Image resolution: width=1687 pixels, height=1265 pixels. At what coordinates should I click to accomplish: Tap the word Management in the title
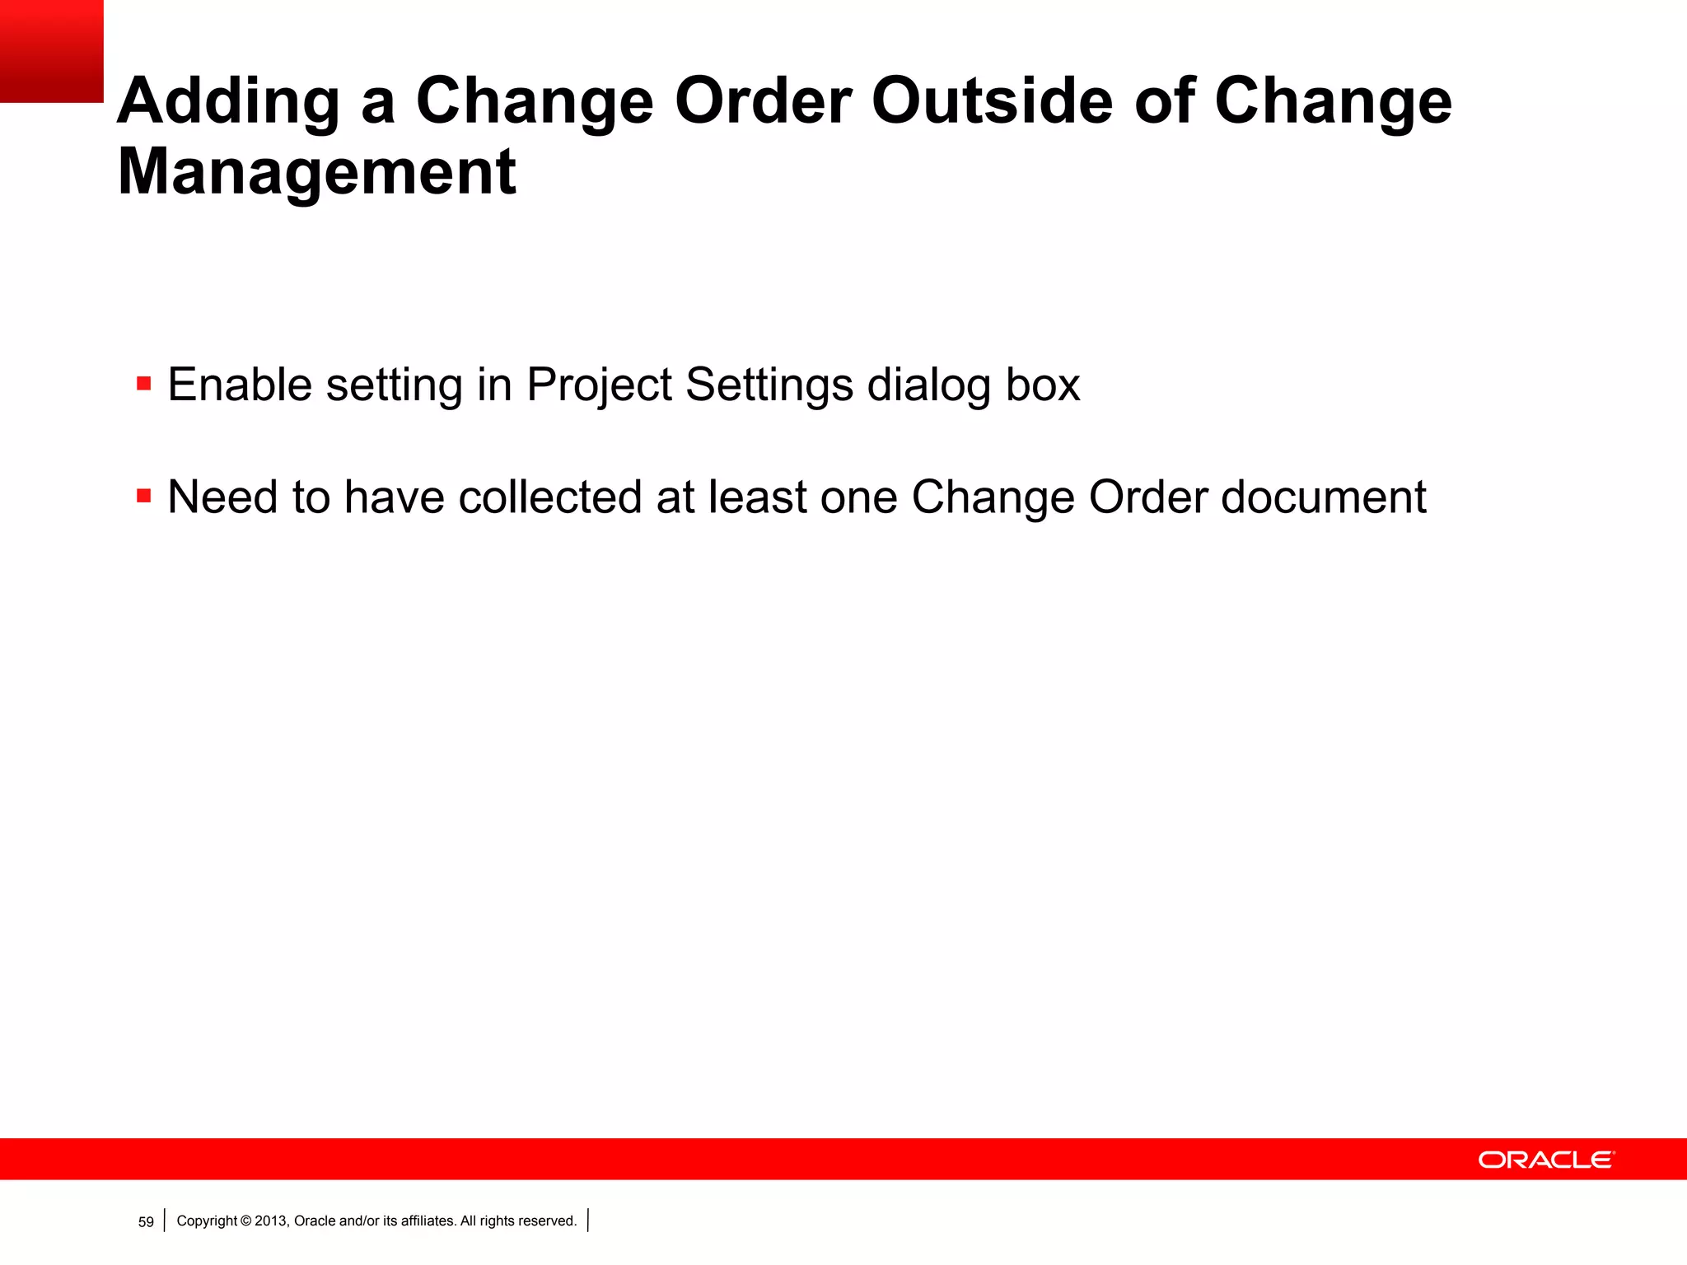[x=317, y=172]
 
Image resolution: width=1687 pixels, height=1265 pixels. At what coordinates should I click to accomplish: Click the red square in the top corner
[x=51, y=51]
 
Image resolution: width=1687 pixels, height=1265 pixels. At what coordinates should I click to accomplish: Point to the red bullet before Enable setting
[x=144, y=384]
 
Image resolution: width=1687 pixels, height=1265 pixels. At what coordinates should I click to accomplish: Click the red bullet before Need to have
[x=144, y=496]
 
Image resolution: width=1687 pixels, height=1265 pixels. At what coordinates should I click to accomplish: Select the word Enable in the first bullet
[x=240, y=385]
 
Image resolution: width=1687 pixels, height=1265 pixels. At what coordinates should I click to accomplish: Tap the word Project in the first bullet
[x=599, y=385]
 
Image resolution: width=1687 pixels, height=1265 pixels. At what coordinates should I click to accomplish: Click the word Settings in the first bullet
[x=769, y=385]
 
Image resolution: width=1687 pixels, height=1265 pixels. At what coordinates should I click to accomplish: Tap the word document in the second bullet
[x=1323, y=497]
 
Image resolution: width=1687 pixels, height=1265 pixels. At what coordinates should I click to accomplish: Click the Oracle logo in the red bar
[x=1546, y=1160]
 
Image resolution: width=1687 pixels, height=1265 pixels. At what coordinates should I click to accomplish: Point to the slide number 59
[x=146, y=1222]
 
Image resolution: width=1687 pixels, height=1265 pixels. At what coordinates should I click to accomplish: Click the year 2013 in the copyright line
[x=271, y=1221]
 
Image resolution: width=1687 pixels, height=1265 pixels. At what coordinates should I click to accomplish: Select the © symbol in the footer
[x=245, y=1221]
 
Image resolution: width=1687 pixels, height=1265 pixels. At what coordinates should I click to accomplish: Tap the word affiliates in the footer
[x=428, y=1221]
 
